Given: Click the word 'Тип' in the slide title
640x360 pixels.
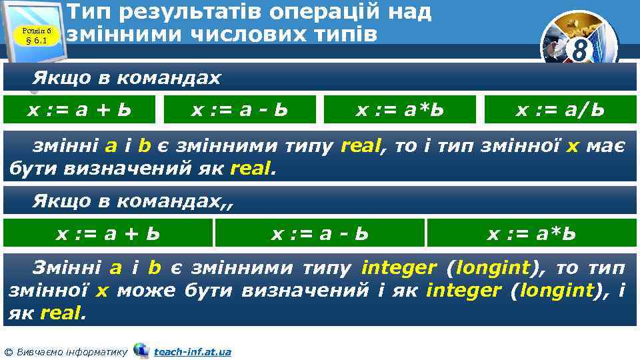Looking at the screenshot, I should pos(93,11).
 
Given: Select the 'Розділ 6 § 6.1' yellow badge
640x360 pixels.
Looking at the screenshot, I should pos(37,34).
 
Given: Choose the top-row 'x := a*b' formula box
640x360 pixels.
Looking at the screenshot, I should pos(399,109).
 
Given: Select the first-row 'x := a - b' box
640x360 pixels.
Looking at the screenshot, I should pos(239,109).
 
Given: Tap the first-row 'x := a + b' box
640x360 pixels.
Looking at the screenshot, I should pos(79,109).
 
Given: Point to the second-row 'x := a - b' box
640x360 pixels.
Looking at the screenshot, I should pos(319,233).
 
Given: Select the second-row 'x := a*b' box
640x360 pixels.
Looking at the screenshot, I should pos(531,233).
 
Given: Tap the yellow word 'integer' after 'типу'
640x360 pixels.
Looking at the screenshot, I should pos(398,269).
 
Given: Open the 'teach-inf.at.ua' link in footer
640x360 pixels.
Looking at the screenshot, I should pos(192,351).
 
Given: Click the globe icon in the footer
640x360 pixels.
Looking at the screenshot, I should pos(141,350).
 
